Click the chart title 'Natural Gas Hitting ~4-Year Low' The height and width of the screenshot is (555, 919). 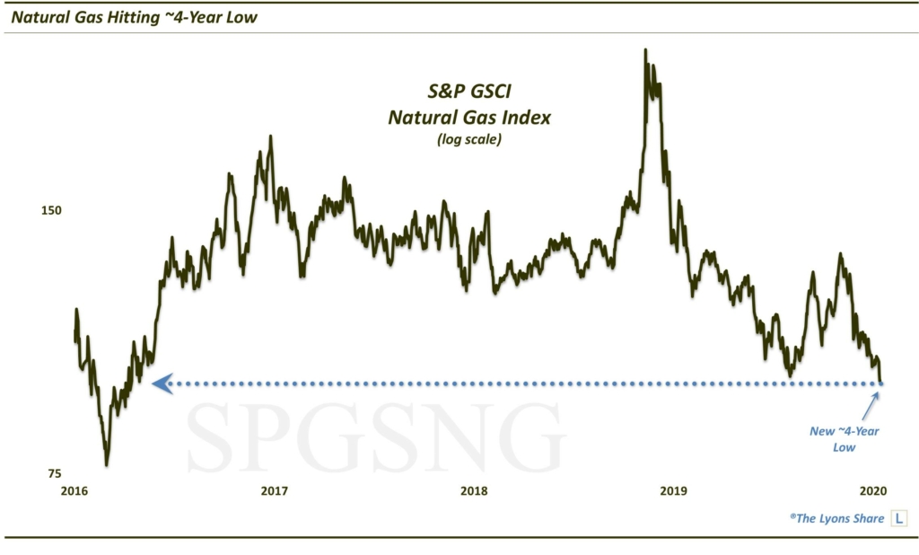[132, 17]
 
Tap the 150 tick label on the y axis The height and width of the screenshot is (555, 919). [51, 210]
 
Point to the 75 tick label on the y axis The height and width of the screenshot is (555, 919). [55, 473]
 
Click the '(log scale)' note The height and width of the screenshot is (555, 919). [469, 139]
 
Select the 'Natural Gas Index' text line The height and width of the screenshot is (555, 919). [469, 117]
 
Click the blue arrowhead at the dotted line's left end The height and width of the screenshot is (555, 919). [162, 383]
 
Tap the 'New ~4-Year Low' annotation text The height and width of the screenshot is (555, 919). [844, 439]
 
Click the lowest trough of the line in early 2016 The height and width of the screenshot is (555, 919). [108, 463]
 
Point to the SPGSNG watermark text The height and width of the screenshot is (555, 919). [377, 436]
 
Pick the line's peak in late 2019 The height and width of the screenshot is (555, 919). [840, 255]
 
